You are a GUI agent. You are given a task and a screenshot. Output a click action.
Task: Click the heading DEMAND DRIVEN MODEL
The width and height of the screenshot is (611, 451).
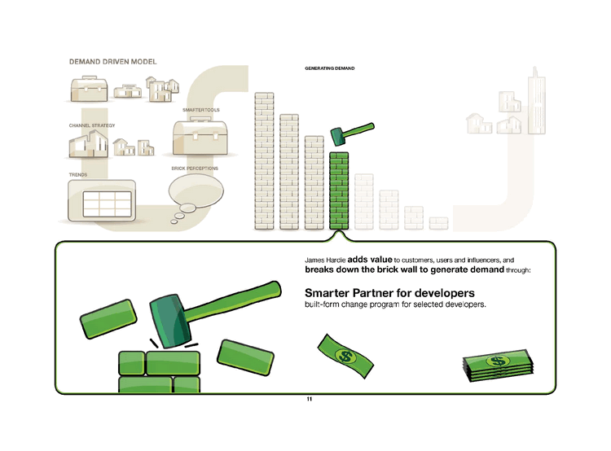click(112, 62)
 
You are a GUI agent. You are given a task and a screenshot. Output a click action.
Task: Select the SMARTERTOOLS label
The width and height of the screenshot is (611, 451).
click(201, 109)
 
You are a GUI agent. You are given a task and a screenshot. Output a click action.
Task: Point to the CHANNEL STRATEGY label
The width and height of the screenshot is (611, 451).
click(93, 125)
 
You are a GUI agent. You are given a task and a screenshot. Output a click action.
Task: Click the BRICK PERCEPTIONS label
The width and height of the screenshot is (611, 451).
click(195, 169)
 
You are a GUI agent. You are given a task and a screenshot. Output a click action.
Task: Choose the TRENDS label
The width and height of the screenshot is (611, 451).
click(78, 174)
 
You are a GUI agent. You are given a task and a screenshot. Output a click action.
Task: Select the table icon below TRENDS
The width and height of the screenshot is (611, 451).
click(102, 200)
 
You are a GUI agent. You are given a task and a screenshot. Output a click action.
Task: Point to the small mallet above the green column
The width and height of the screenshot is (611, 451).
click(350, 131)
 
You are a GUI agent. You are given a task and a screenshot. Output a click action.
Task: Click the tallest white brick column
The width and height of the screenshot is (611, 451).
click(266, 160)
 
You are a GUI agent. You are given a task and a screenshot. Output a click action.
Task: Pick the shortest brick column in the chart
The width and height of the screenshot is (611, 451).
click(439, 222)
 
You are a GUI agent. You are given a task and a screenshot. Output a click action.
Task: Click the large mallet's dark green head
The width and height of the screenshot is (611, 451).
click(169, 319)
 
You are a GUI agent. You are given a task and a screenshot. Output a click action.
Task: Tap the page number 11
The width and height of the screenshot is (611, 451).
click(309, 400)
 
